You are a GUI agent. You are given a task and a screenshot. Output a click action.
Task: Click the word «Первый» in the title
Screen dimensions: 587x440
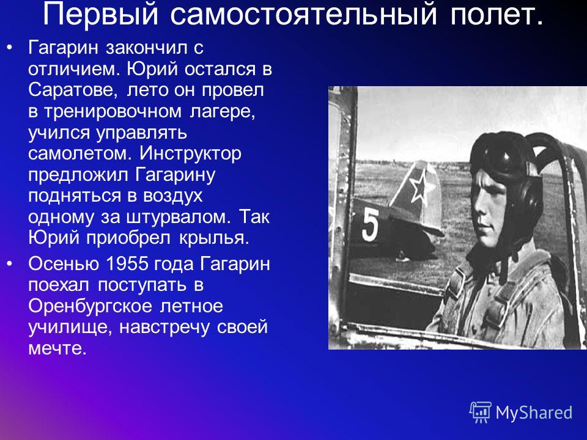(100, 14)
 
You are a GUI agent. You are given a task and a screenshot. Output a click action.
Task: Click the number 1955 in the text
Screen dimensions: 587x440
(127, 263)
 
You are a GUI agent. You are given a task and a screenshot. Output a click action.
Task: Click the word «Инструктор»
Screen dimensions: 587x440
(191, 154)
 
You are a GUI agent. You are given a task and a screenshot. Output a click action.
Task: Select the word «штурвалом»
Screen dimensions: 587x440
(176, 218)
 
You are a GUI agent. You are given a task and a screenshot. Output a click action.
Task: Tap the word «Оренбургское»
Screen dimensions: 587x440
(90, 307)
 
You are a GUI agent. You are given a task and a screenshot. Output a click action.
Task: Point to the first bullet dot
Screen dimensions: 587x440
(10, 48)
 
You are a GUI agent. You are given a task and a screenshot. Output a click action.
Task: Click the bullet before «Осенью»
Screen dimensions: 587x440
(10, 263)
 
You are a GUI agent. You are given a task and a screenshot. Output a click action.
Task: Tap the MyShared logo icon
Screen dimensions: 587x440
(481, 412)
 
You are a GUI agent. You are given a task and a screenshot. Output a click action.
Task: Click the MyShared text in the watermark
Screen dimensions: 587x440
(534, 413)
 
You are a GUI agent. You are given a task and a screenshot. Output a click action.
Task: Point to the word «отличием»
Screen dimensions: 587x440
(74, 69)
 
